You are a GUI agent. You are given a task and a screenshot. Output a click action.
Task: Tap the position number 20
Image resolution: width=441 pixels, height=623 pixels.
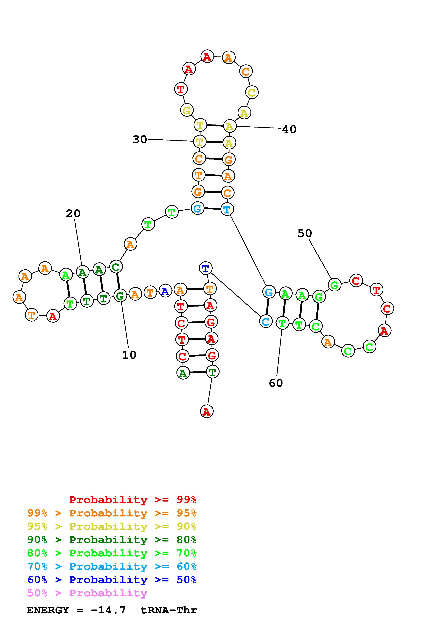pyautogui.click(x=73, y=213)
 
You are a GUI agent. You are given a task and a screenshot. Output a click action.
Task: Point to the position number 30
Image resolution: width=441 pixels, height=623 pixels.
pyautogui.click(x=140, y=139)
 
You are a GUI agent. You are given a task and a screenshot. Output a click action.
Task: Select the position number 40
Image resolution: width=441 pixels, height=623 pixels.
pyautogui.click(x=289, y=129)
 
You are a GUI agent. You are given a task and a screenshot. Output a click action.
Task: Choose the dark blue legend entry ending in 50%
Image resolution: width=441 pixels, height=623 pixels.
pyautogui.click(x=112, y=580)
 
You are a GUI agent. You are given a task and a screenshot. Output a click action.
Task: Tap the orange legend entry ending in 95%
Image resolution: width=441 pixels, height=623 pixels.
pyautogui.click(x=112, y=513)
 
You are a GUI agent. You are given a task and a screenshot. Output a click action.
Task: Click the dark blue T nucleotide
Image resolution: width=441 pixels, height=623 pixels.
pyautogui.click(x=205, y=268)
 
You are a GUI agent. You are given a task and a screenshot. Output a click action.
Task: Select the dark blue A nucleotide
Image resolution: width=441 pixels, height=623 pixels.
pyautogui.click(x=165, y=291)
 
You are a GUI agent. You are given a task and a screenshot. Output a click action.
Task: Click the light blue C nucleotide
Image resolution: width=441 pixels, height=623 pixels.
pyautogui.click(x=265, y=322)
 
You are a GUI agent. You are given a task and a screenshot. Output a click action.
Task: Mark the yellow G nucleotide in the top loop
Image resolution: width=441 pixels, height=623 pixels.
pyautogui.click(x=187, y=110)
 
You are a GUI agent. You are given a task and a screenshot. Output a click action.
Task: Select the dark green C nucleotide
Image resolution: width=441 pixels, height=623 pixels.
pyautogui.click(x=116, y=267)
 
